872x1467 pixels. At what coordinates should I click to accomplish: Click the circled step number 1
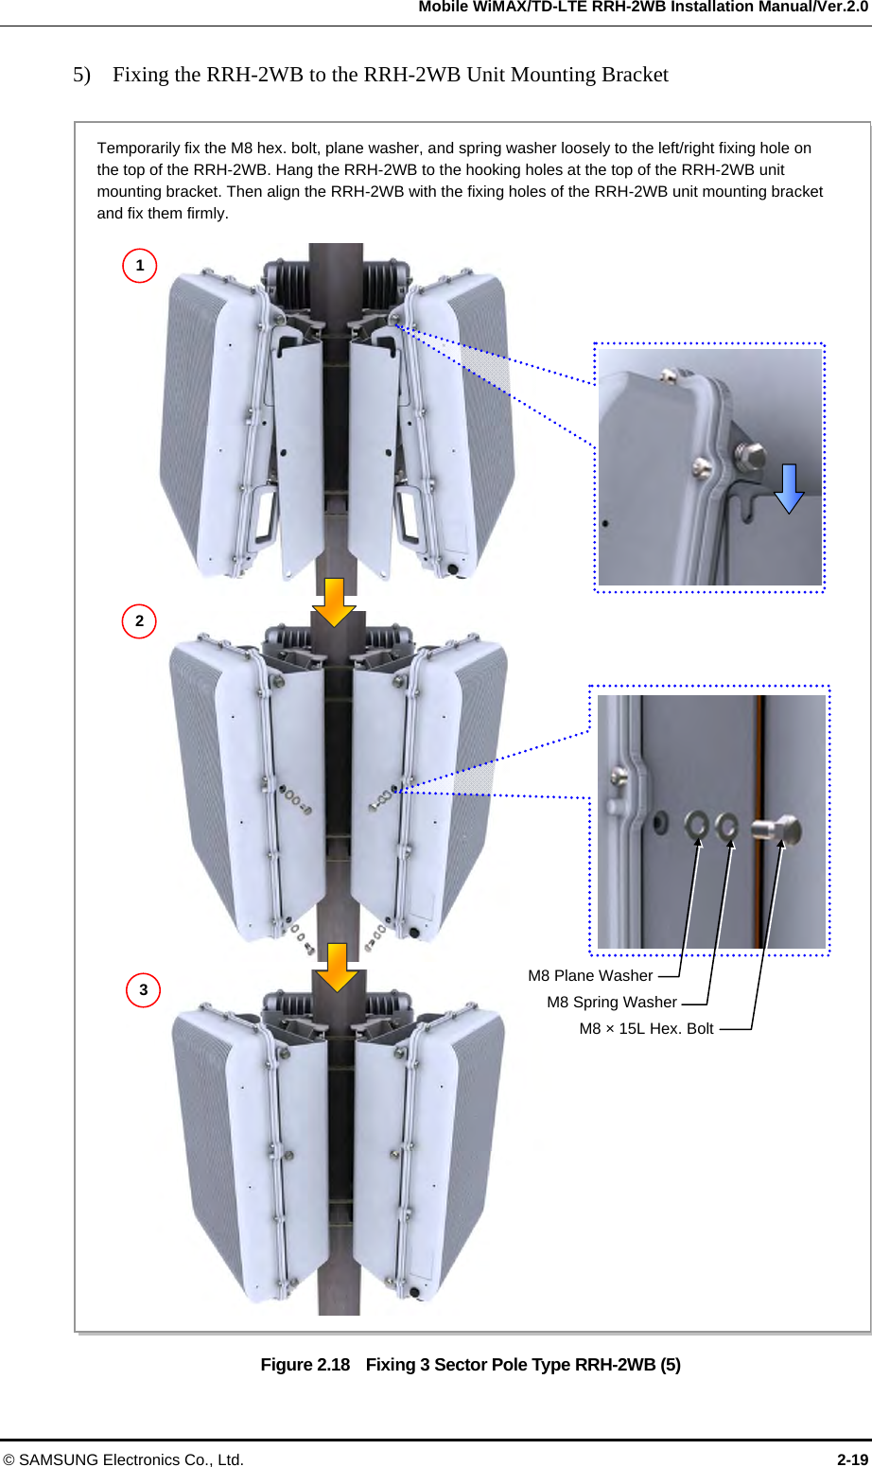click(x=140, y=266)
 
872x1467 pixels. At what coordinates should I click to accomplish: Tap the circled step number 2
click(x=140, y=621)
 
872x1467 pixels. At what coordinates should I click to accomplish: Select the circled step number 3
click(x=144, y=990)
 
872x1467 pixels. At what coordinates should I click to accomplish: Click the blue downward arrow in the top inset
click(x=789, y=488)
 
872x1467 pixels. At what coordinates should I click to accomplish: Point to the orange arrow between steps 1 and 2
click(x=334, y=603)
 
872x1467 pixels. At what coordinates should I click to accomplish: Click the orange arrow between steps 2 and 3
click(x=337, y=967)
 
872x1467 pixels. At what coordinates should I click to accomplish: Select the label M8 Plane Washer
click(x=590, y=976)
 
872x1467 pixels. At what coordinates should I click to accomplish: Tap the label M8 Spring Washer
click(x=612, y=1003)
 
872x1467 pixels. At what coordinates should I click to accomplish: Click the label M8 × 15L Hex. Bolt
click(x=646, y=1029)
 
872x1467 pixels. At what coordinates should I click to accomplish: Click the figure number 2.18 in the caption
click(x=333, y=1365)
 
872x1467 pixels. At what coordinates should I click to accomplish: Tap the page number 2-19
click(x=852, y=1459)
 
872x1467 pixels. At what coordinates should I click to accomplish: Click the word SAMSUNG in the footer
click(x=60, y=1459)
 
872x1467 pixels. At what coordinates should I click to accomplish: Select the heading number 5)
click(x=81, y=75)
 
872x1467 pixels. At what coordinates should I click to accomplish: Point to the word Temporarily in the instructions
click(x=138, y=148)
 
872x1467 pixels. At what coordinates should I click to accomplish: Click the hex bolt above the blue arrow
click(x=749, y=457)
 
